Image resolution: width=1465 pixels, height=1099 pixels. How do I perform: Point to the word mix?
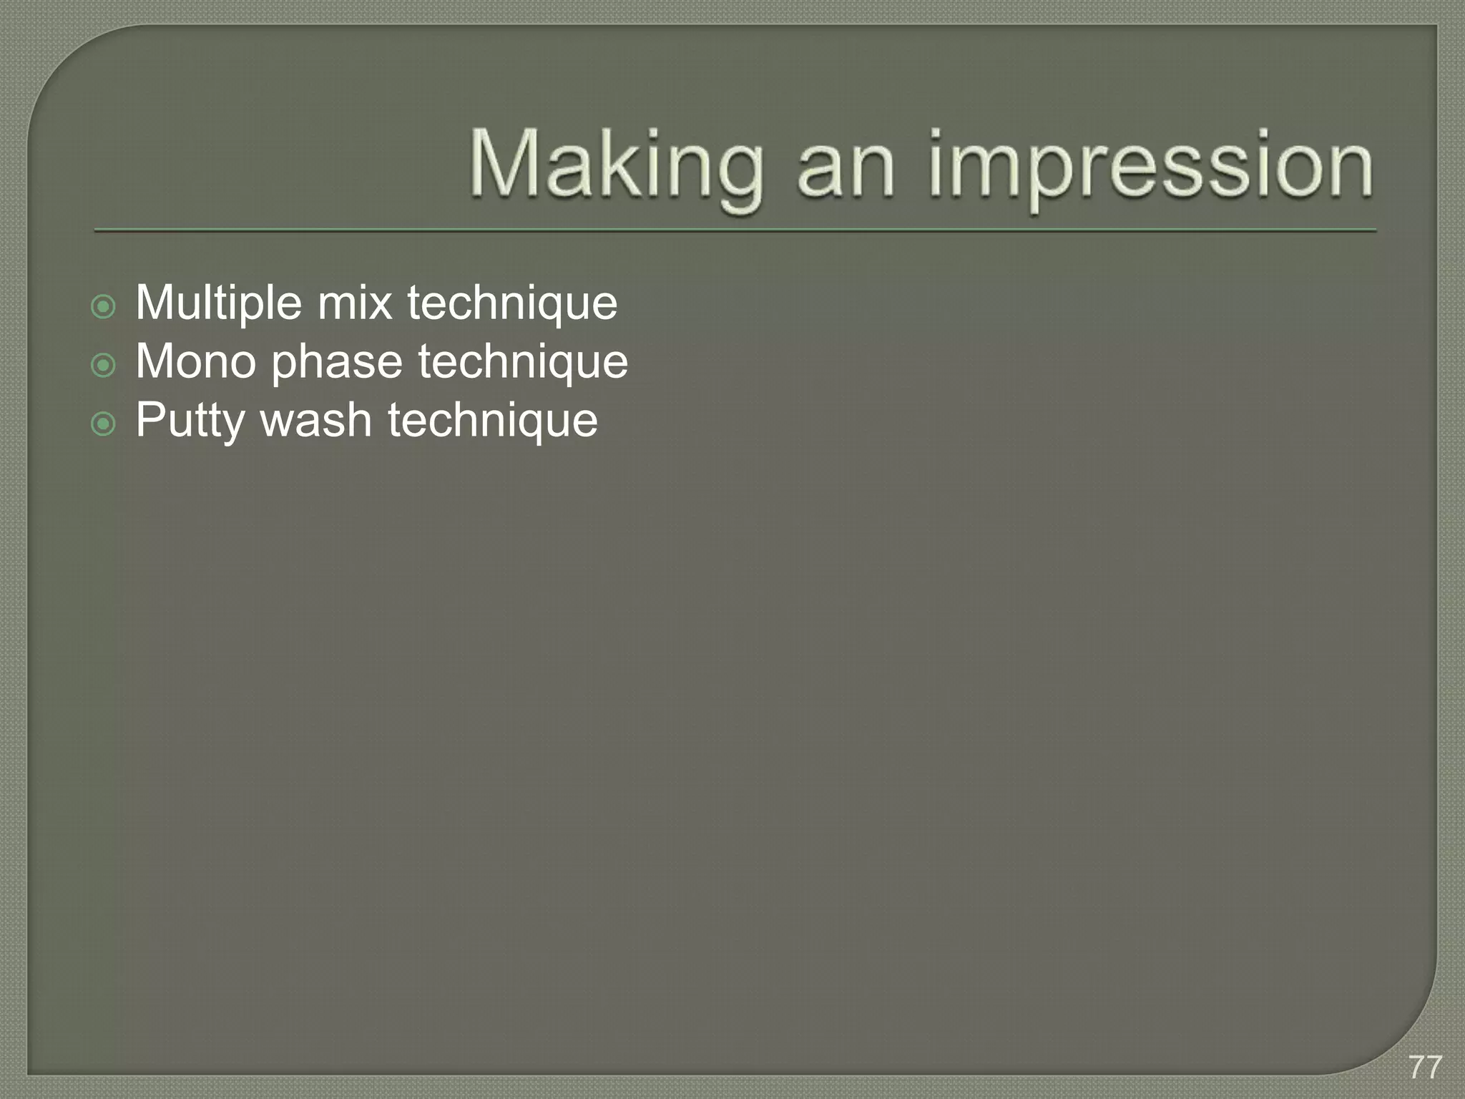355,303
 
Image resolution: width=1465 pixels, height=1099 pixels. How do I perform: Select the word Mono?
196,361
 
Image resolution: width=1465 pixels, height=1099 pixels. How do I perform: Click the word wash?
316,420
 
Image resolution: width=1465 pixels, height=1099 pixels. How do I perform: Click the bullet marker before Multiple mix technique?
104,308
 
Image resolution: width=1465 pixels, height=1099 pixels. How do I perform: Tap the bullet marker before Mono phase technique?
104,366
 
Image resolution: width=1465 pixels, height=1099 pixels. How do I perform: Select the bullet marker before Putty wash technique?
104,425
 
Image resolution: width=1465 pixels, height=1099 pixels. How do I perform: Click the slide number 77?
1426,1068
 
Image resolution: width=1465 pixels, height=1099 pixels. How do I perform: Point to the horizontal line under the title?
735,231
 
